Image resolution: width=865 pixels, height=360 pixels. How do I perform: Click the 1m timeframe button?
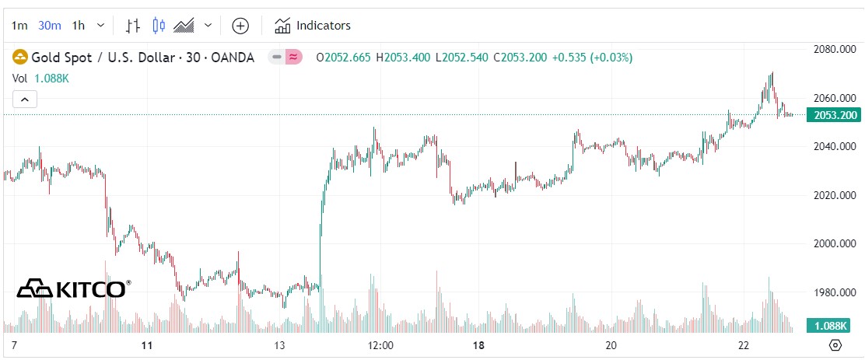19,26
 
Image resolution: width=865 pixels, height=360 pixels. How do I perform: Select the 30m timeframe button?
50,26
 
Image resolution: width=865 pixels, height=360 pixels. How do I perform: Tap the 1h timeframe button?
79,26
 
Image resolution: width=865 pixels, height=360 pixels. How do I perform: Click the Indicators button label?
324,26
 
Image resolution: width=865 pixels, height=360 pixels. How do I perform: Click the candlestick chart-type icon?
159,26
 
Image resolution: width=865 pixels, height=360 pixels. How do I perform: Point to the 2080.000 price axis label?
835,50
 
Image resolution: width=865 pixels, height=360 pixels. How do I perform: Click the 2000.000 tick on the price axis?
835,244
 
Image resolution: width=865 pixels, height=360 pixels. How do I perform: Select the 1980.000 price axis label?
835,292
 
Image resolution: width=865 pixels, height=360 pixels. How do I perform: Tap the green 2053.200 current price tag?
835,115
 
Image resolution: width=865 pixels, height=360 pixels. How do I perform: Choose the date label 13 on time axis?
280,345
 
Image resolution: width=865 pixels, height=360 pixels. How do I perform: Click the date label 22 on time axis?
744,345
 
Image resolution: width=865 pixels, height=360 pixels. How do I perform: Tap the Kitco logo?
74,288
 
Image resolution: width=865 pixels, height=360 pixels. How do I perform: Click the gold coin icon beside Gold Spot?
19,57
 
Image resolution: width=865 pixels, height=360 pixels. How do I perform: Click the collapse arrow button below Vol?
25,99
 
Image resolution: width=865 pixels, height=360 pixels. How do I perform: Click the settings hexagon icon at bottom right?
835,345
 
